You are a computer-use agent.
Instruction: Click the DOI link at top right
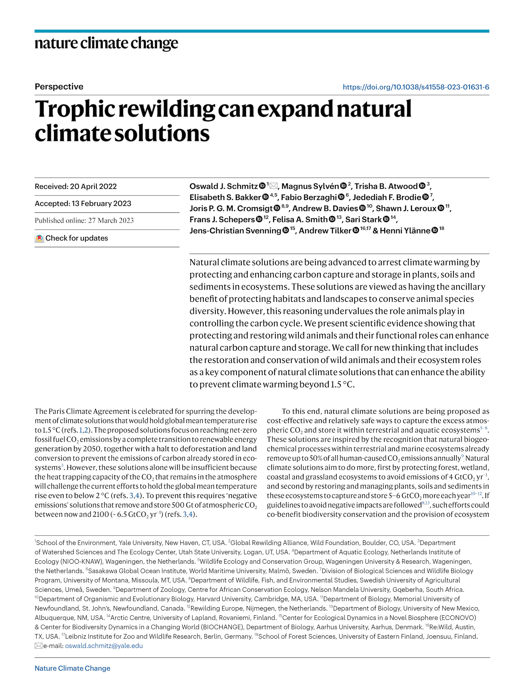coord(416,87)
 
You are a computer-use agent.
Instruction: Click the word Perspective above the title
coord(59,87)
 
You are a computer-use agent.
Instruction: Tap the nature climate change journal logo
coord(106,43)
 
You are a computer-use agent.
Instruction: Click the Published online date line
coord(84,220)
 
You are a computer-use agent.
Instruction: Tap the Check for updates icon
coord(39,238)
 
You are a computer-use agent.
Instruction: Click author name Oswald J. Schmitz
coord(223,186)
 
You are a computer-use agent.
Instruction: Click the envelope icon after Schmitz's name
coord(274,186)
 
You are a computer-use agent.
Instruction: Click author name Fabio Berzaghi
coord(309,197)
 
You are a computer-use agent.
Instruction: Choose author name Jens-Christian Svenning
coord(235,231)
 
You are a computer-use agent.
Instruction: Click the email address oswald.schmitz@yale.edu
coord(104,646)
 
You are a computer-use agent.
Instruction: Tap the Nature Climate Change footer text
coord(72,668)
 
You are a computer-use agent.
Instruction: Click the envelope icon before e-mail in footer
coord(38,646)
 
